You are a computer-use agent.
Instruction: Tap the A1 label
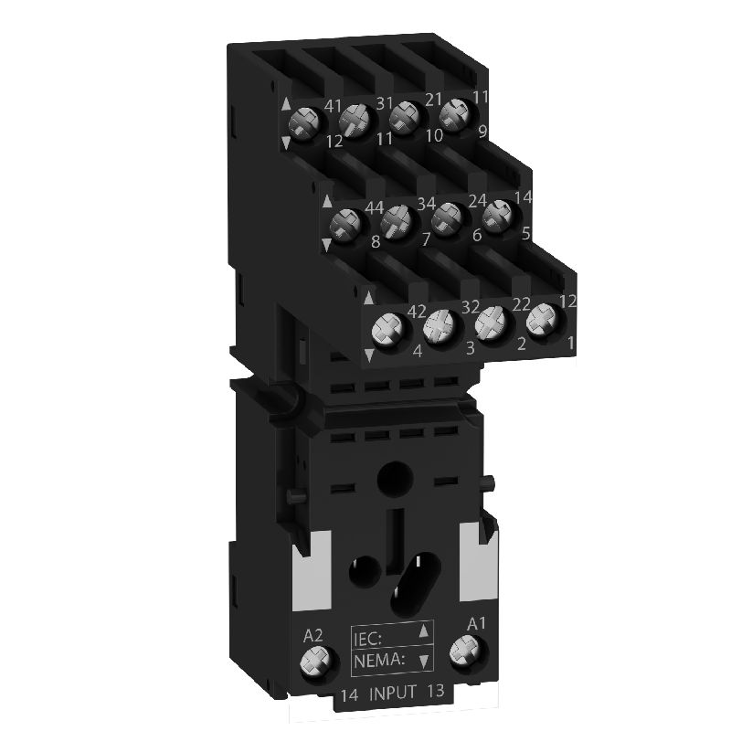click(x=475, y=624)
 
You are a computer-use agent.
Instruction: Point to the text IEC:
click(x=372, y=631)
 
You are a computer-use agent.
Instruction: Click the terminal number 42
click(x=417, y=311)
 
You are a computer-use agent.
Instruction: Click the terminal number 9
click(x=482, y=131)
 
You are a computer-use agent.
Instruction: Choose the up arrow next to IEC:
click(x=422, y=631)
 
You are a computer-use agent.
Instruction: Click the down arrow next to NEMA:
click(x=422, y=658)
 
